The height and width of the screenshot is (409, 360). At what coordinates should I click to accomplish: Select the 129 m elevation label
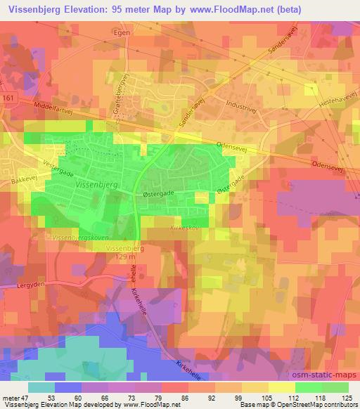[x=124, y=258]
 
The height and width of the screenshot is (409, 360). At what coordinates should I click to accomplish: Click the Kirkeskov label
[x=184, y=228]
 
